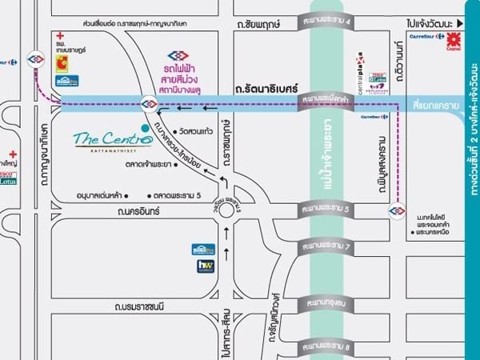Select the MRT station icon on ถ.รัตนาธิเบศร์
[149, 103]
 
